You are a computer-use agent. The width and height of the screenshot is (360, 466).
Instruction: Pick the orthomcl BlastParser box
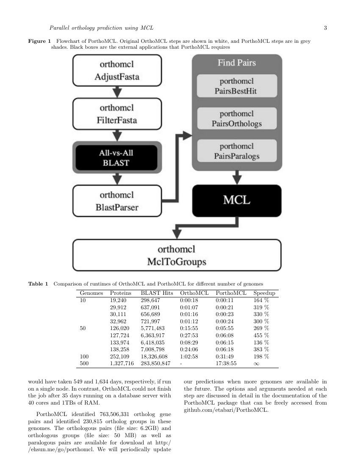coord(117,201)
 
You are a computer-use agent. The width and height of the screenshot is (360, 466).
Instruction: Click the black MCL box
coord(237,200)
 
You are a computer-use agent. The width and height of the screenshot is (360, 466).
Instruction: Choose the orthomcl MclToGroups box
coord(177,255)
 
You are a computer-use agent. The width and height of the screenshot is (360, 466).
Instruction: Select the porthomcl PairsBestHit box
coord(237,86)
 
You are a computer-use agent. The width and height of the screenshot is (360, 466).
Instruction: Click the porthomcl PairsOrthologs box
coord(237,119)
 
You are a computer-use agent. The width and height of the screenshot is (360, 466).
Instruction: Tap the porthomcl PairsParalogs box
coord(237,151)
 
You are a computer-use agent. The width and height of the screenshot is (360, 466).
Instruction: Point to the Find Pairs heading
coord(237,63)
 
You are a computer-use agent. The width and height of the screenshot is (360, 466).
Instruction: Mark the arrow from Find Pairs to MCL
coord(237,177)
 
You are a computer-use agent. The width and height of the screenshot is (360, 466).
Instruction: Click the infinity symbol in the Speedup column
coord(256,363)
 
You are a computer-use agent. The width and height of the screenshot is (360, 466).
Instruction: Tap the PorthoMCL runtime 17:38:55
coord(226,363)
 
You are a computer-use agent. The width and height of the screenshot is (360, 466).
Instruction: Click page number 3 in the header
coord(325,28)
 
